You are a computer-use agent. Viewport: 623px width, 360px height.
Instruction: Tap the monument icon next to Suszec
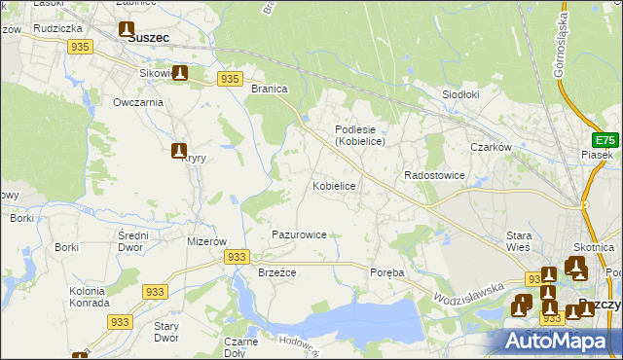(127, 30)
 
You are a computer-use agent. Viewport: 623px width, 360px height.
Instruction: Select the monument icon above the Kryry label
(179, 151)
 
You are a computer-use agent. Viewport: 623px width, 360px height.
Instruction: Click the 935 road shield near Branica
(230, 79)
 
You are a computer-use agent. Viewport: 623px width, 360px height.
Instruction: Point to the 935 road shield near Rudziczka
(81, 47)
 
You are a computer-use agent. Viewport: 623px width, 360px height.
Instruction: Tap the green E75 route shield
(605, 139)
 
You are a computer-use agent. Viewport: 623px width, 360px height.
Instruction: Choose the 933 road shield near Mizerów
(236, 256)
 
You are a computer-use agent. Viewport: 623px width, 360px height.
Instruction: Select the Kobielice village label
(334, 185)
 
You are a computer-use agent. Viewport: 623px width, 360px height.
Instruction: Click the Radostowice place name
(434, 176)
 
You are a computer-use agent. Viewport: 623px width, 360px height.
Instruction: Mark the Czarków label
(491, 148)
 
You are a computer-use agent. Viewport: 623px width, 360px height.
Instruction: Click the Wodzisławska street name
(469, 291)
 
